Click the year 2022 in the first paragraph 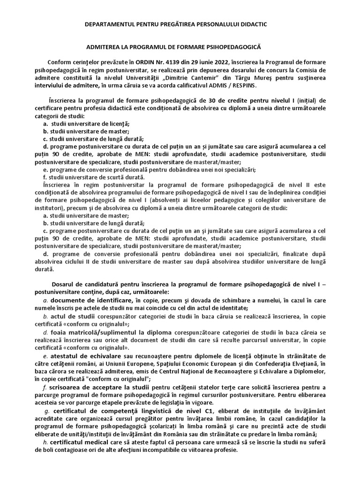click(x=211, y=62)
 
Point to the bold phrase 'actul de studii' click(x=70, y=316)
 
